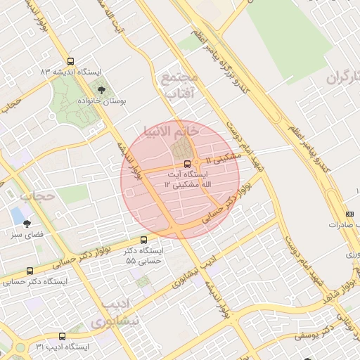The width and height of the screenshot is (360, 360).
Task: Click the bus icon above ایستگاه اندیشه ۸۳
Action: tap(69, 61)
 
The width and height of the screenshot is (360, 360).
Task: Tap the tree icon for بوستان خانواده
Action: tap(102, 90)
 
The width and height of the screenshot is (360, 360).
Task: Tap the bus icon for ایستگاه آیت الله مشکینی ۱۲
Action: tap(186, 162)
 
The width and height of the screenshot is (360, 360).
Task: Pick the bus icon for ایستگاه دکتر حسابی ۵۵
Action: tap(144, 240)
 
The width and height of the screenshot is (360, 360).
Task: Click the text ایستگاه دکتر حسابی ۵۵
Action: tap(144, 255)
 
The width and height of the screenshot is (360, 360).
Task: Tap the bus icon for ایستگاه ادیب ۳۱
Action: tap(62, 336)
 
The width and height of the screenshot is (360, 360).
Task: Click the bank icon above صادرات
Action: tap(350, 214)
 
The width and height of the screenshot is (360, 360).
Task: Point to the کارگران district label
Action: tap(344, 77)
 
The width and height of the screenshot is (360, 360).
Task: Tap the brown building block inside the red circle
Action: tap(182, 148)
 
